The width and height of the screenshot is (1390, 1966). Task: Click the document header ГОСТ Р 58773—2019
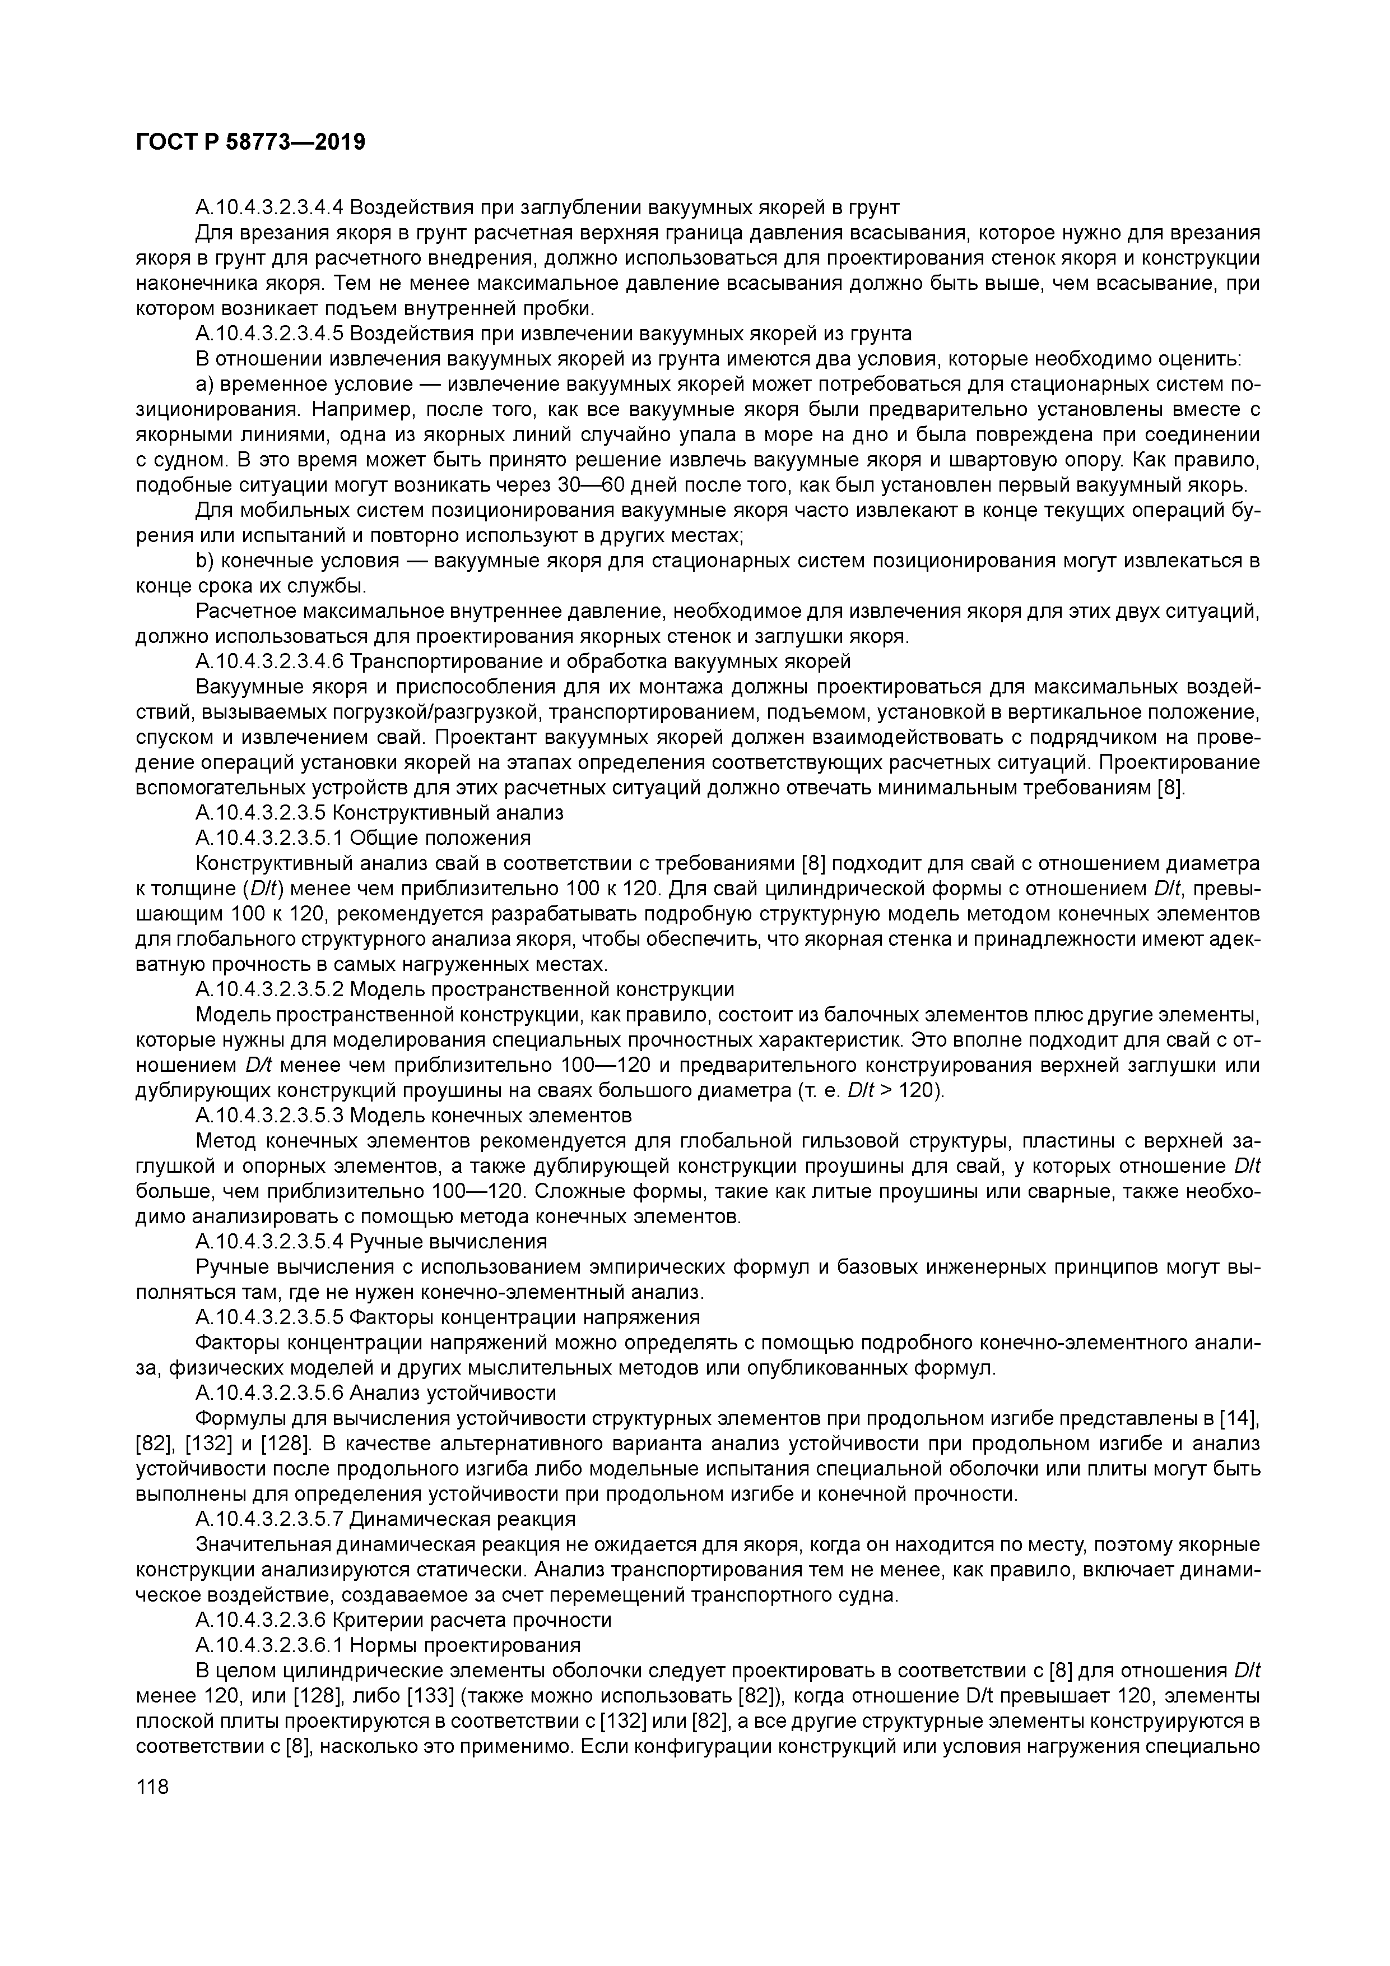(250, 142)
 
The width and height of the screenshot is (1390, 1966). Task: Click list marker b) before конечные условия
(204, 561)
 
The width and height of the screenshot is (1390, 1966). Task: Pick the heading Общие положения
(440, 838)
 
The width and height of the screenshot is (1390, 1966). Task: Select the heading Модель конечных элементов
(490, 1115)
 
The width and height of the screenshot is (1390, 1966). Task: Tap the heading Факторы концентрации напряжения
(524, 1317)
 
